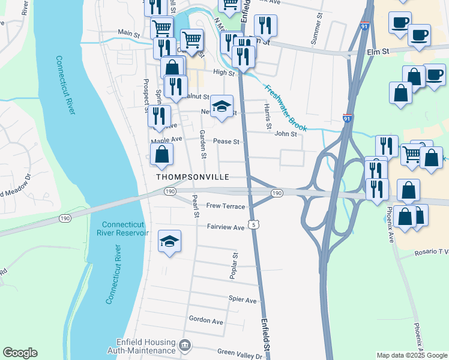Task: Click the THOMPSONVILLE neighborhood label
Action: [x=193, y=177]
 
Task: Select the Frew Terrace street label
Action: [x=226, y=206]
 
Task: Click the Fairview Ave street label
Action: [x=226, y=227]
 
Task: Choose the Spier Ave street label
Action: [x=243, y=299]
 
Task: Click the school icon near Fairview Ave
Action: [x=170, y=242]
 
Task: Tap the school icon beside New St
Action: [x=222, y=107]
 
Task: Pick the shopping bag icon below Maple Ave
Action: [x=162, y=155]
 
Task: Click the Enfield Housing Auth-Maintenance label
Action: [x=142, y=346]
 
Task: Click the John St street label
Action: [x=286, y=134]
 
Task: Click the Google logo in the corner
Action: [x=20, y=353]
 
